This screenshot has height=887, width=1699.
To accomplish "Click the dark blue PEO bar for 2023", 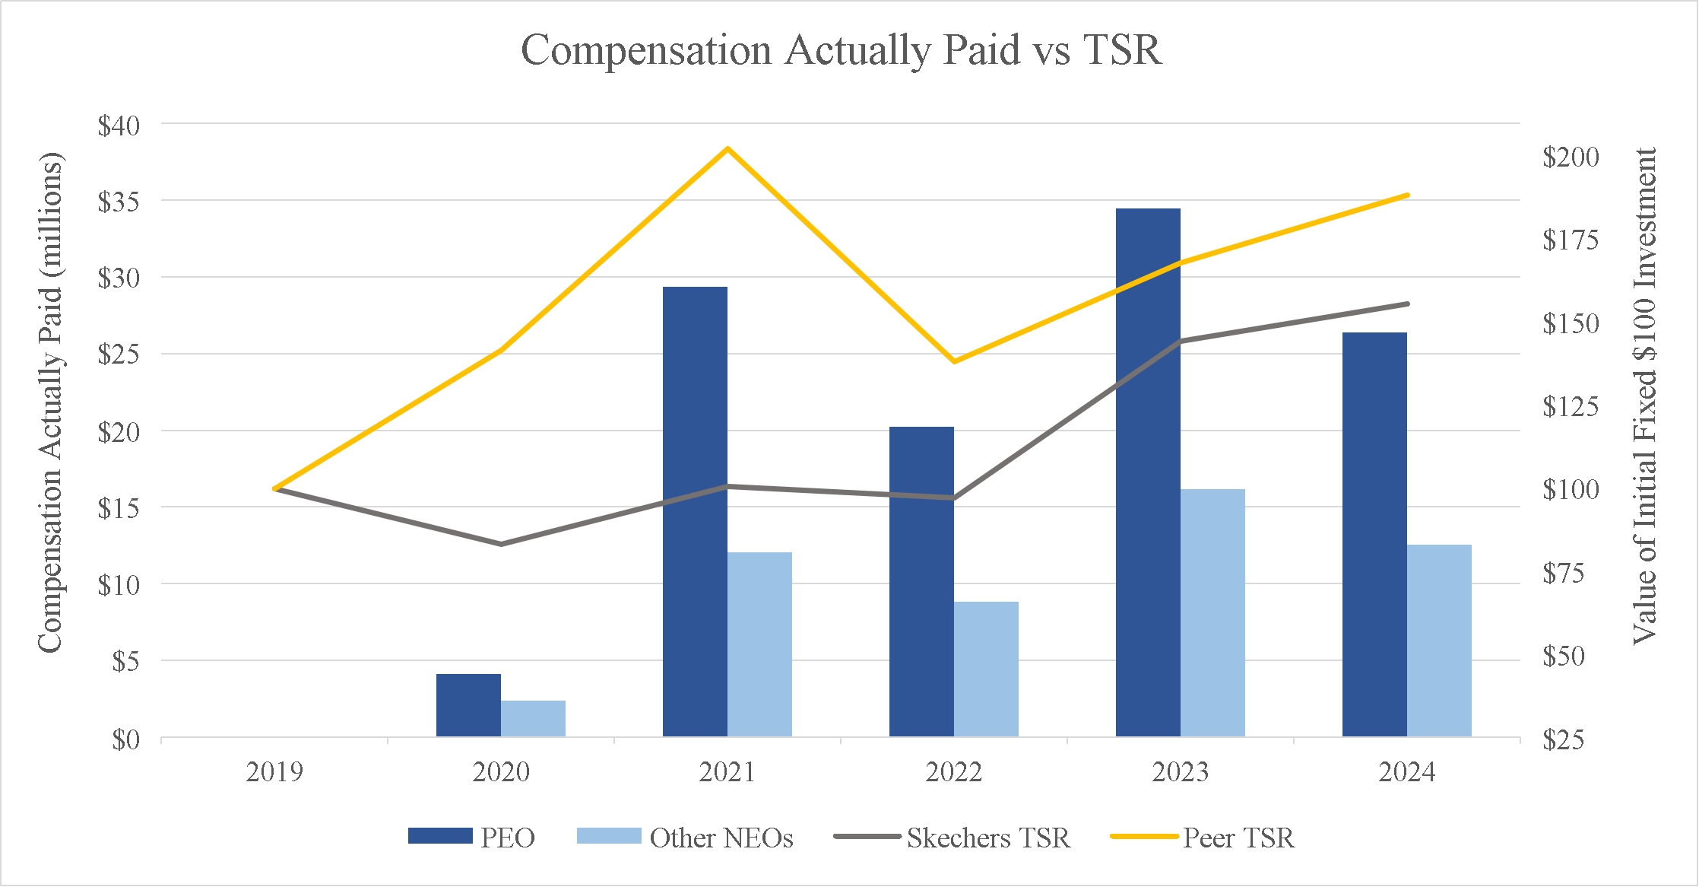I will point(1148,472).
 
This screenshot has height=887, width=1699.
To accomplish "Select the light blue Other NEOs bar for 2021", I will point(759,644).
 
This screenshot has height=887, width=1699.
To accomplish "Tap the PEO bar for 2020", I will point(468,705).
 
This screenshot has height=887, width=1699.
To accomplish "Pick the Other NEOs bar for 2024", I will point(1439,641).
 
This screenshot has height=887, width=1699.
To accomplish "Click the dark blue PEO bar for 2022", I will point(921,581).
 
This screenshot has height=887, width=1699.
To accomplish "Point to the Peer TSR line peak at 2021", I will point(727,148).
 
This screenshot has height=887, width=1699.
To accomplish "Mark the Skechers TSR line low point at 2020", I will point(501,544).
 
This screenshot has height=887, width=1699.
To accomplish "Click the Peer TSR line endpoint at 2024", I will point(1407,196).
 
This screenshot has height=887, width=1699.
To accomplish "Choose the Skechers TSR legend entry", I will point(952,838).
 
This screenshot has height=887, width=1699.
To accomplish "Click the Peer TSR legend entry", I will point(1203,838).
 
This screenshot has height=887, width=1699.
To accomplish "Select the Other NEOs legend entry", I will point(685,838).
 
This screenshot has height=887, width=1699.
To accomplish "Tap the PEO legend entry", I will point(472,838).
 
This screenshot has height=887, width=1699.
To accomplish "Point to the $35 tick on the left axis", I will point(119,202).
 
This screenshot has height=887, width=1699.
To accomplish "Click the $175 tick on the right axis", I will point(1571,240).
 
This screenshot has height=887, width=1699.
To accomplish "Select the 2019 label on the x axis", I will point(274,772).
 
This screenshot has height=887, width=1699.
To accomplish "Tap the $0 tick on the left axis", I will point(126,739).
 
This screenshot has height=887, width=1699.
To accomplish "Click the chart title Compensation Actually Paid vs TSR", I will point(842,50).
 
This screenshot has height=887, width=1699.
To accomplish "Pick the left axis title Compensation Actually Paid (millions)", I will point(50,402).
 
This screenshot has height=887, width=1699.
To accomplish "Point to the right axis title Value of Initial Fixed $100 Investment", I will point(1645,396).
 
